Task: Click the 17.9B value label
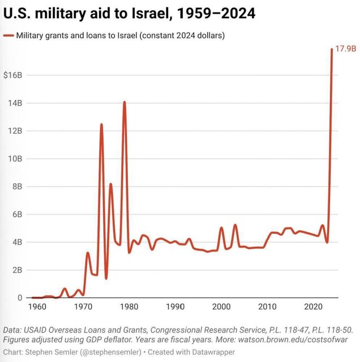pyautogui.click(x=345, y=49)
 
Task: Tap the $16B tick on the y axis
pyautogui.click(x=12, y=75)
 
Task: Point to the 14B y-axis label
pyautogui.click(x=14, y=103)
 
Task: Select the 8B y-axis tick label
pyautogui.click(x=16, y=186)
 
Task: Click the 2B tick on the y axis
pyautogui.click(x=16, y=270)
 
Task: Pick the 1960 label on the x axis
pyautogui.click(x=37, y=307)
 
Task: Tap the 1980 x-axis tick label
pyautogui.click(x=129, y=307)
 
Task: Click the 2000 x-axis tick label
pyautogui.click(x=221, y=307)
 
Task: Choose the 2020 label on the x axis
pyautogui.click(x=314, y=307)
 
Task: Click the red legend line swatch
pyautogui.click(x=8, y=36)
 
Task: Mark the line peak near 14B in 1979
pyautogui.click(x=125, y=102)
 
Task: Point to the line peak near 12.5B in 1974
pyautogui.click(x=101, y=124)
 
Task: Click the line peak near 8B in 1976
pyautogui.click(x=111, y=184)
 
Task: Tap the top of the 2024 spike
pyautogui.click(x=332, y=50)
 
